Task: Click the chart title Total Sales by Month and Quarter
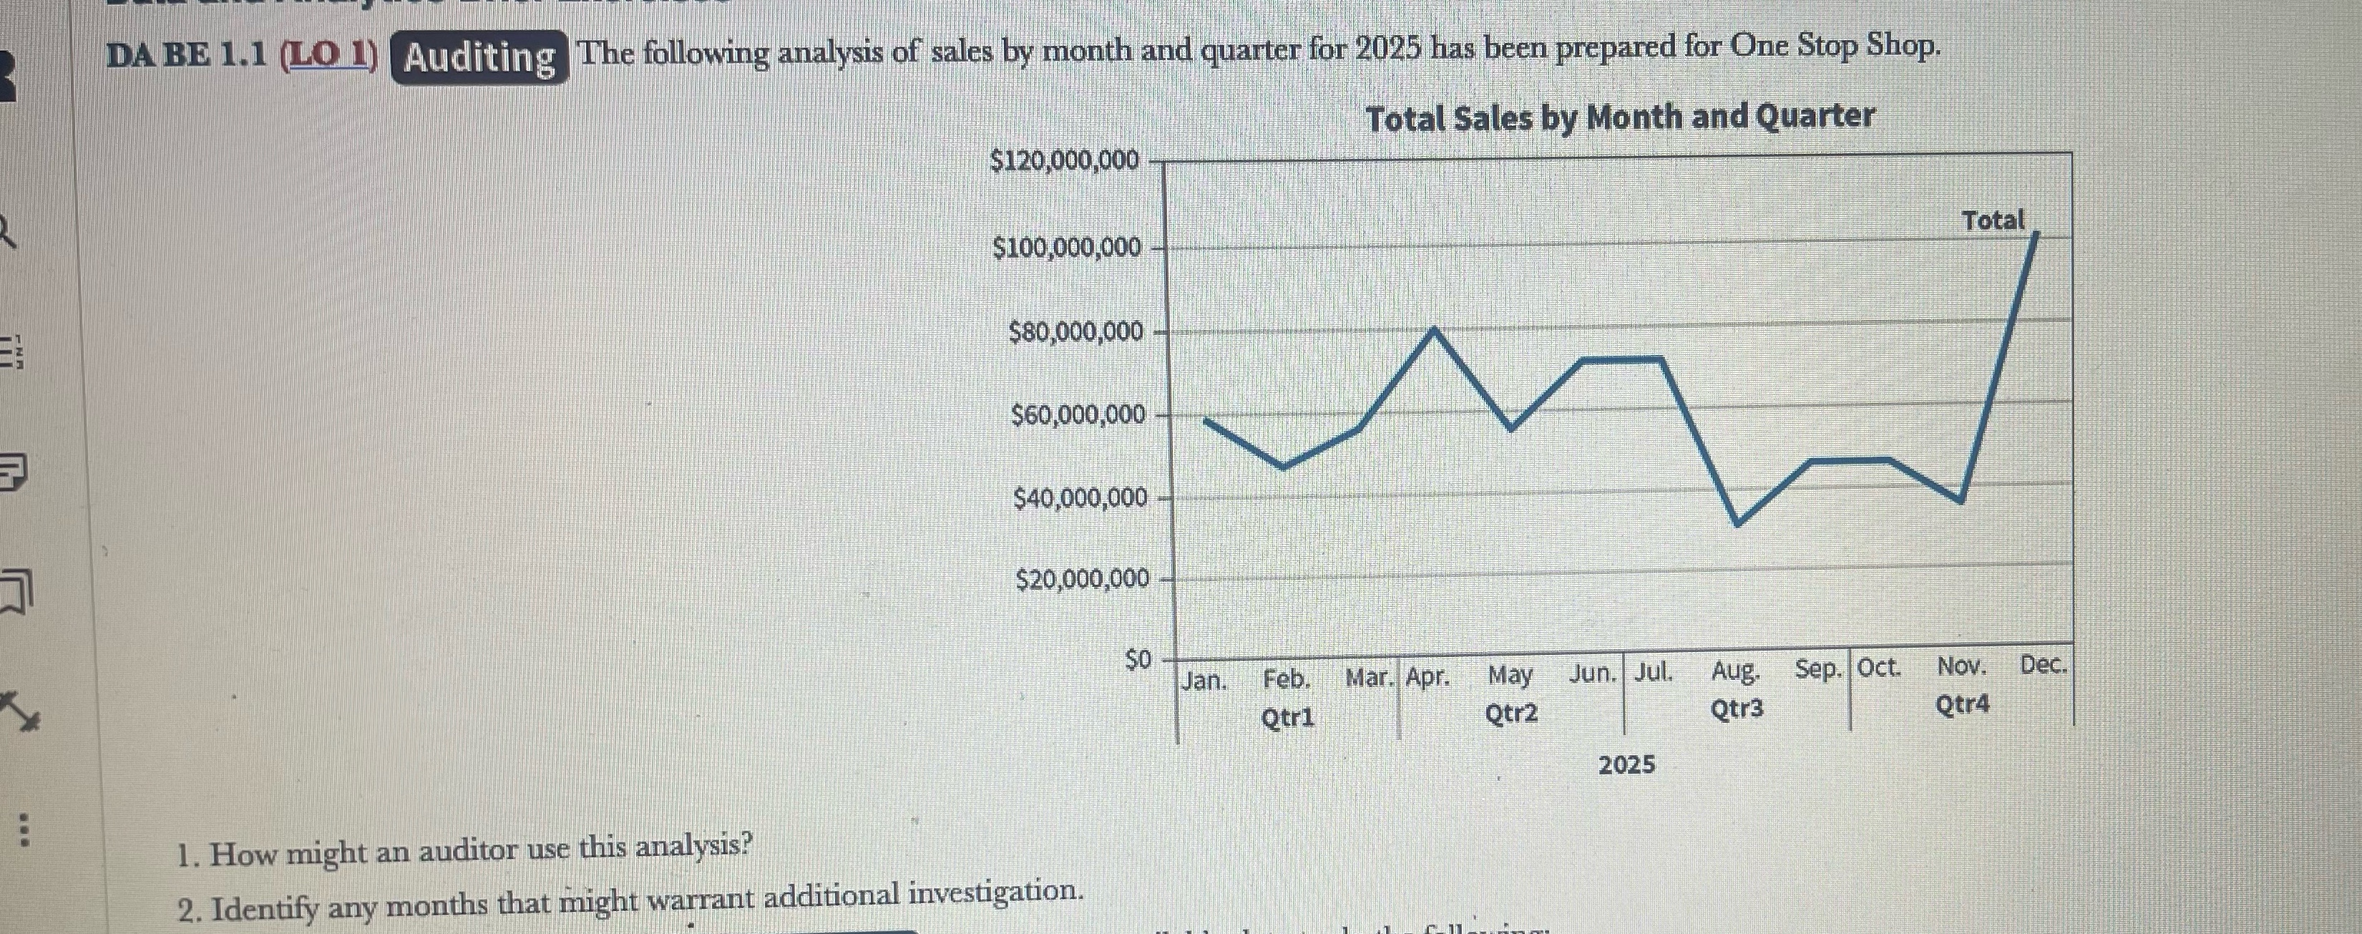[x=1619, y=117]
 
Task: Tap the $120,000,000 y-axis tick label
[x=1065, y=160]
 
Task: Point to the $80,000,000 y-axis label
[x=1075, y=332]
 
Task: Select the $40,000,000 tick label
[x=1079, y=499]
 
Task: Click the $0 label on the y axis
[x=1137, y=660]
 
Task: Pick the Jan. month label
[x=1204, y=681]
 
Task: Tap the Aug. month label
[x=1734, y=673]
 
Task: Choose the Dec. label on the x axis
[x=2043, y=665]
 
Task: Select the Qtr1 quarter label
[x=1287, y=717]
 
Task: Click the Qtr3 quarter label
[x=1737, y=709]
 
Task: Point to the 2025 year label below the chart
[x=1626, y=764]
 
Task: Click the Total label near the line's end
[x=1993, y=221]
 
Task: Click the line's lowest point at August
[x=1737, y=524]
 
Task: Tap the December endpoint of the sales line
[x=2036, y=235]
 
